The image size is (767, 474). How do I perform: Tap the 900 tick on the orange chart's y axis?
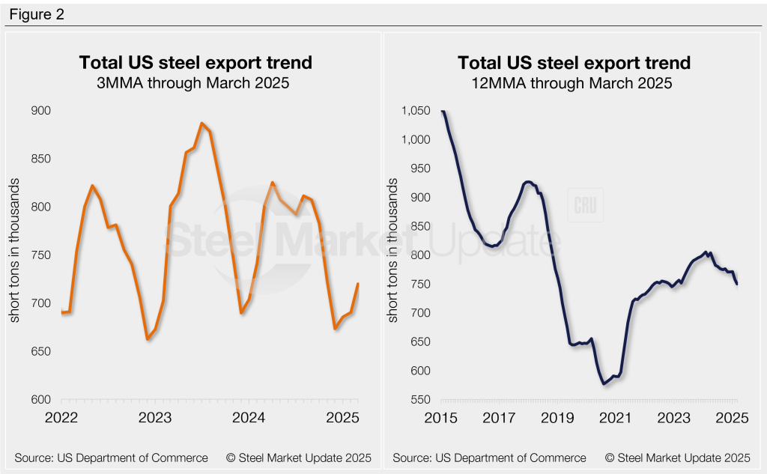(40, 111)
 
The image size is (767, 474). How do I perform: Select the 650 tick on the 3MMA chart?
(40, 352)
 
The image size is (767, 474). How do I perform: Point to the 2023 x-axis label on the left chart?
(155, 417)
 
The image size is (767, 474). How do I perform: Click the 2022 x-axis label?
(62, 417)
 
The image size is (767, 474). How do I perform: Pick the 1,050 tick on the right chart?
(416, 111)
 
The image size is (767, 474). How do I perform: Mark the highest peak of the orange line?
(202, 123)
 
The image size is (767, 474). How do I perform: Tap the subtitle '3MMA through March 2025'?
(195, 83)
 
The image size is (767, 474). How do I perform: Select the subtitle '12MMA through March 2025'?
(574, 83)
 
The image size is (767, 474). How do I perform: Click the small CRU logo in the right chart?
(586, 205)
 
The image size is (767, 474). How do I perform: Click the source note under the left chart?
(111, 458)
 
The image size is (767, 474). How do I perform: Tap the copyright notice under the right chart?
(677, 458)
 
